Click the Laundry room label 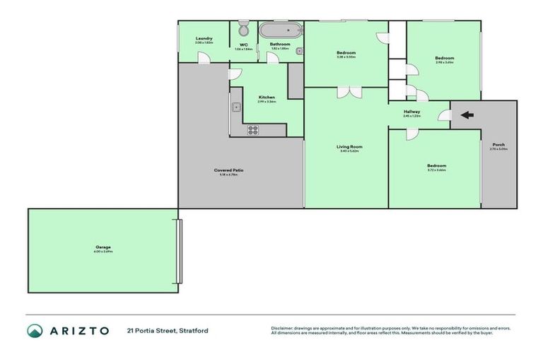click(x=204, y=39)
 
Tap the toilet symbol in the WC click(x=243, y=29)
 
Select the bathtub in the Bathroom click(x=280, y=30)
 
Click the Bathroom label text click(x=280, y=45)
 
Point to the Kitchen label click(x=267, y=97)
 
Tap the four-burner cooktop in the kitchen click(x=252, y=129)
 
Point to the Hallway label click(x=411, y=112)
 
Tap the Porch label click(x=498, y=145)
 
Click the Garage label click(x=103, y=247)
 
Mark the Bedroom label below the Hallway click(x=436, y=165)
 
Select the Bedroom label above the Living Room click(x=346, y=53)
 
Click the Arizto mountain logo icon click(x=35, y=330)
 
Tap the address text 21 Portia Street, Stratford click(x=168, y=330)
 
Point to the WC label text click(x=243, y=45)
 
